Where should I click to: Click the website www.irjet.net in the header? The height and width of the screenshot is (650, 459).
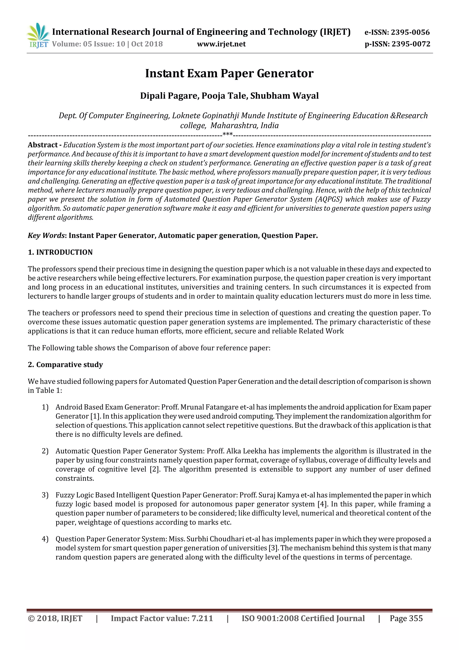tap(221, 44)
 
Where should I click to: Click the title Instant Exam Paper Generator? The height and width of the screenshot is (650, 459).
tap(229, 73)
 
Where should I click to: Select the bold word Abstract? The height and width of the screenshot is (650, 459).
tap(43, 145)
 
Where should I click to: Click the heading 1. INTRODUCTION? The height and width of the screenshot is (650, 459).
tap(60, 252)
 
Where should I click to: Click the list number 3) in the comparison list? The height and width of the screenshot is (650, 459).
tap(45, 495)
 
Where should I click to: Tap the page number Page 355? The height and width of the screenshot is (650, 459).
tap(406, 619)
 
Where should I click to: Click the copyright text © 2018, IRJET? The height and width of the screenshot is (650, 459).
tap(55, 619)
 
